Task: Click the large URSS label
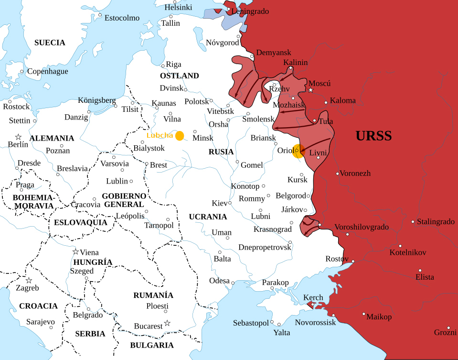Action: pyautogui.click(x=373, y=136)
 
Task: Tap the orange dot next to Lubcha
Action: pyautogui.click(x=180, y=136)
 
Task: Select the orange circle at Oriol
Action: pyautogui.click(x=298, y=151)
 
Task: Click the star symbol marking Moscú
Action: pyautogui.click(x=311, y=90)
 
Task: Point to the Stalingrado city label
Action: pyautogui.click(x=436, y=222)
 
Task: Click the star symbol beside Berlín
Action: pyautogui.click(x=18, y=137)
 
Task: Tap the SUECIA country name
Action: pyautogui.click(x=50, y=43)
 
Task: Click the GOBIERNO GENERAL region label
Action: pyautogui.click(x=124, y=200)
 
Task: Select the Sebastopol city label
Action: pyautogui.click(x=251, y=323)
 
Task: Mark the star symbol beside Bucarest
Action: pyautogui.click(x=167, y=323)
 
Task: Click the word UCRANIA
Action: pyautogui.click(x=208, y=217)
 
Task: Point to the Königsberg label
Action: pyautogui.click(x=97, y=100)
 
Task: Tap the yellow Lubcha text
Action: pyautogui.click(x=160, y=135)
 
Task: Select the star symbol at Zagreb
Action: pyautogui.click(x=29, y=281)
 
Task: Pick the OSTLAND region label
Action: pyautogui.click(x=180, y=76)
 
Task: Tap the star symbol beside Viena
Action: pyautogui.click(x=75, y=252)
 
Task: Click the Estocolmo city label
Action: pyautogui.click(x=122, y=18)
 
